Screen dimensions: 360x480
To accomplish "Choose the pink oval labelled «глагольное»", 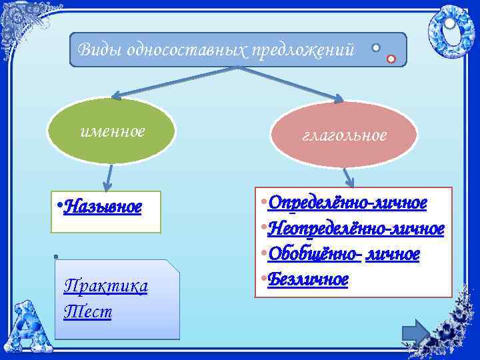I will coord(344,135).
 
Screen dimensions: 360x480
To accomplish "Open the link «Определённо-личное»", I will coord(351,201).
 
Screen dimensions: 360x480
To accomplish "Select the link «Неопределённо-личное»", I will coord(357,228).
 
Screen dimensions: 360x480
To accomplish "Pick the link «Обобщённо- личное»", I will coord(347,254).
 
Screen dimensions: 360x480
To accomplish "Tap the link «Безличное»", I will coord(311,279).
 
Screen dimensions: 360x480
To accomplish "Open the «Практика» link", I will coord(105,286).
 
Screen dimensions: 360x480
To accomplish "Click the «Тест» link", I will coord(87,311).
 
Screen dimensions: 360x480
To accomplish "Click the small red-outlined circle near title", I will coord(391,59).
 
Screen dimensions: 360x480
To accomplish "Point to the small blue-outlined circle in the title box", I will coord(376,48).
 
